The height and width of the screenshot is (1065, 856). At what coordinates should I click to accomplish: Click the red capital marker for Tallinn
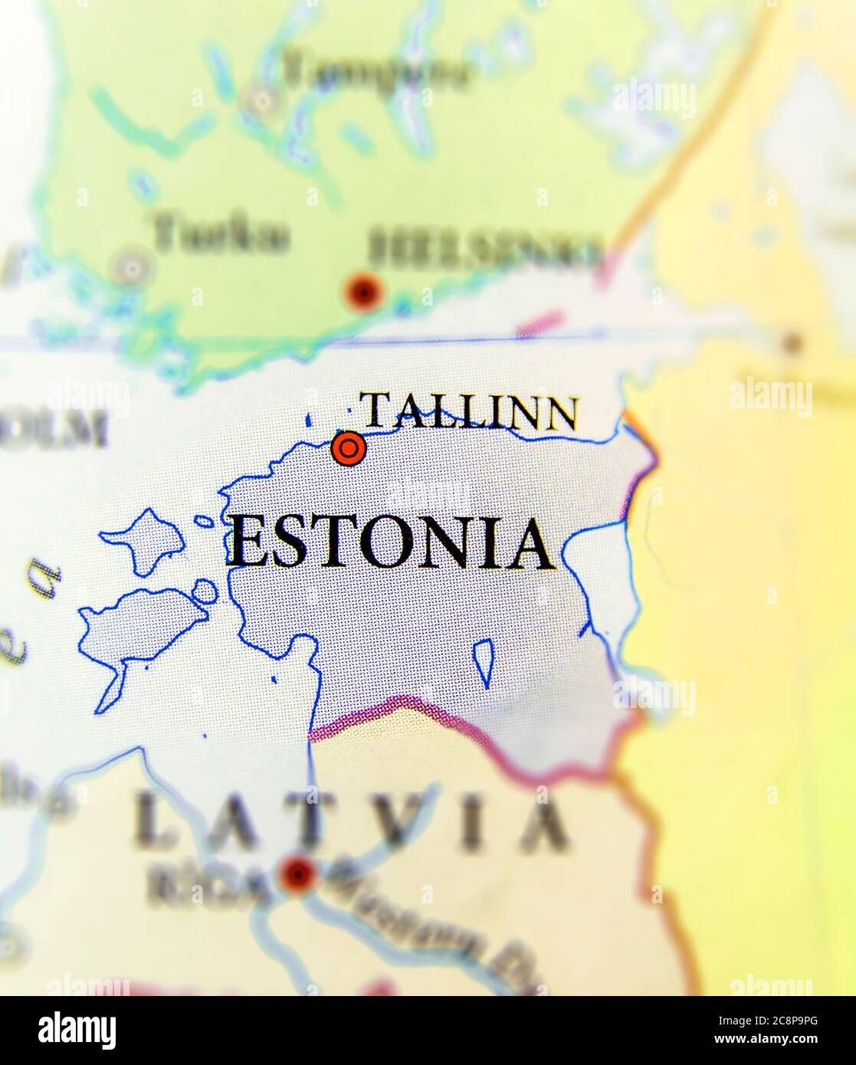click(x=349, y=448)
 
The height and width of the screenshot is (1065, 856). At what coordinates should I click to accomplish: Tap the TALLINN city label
click(x=469, y=411)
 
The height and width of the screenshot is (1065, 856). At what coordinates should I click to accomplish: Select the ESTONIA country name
click(x=391, y=543)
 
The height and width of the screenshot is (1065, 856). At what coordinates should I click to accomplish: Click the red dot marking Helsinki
click(x=362, y=292)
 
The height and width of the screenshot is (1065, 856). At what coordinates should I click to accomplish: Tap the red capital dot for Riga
click(x=297, y=874)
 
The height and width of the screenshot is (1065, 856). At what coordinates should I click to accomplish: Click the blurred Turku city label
click(x=221, y=234)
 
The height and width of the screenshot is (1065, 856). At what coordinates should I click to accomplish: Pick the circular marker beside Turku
click(x=132, y=268)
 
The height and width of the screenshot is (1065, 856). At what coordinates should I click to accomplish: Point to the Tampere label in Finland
click(x=375, y=74)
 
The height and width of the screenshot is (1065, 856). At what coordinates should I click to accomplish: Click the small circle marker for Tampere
click(x=263, y=100)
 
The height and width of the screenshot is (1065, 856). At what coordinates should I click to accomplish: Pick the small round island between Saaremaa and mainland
click(x=205, y=591)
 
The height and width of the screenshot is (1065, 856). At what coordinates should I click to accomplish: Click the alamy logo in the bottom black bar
click(x=77, y=1031)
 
